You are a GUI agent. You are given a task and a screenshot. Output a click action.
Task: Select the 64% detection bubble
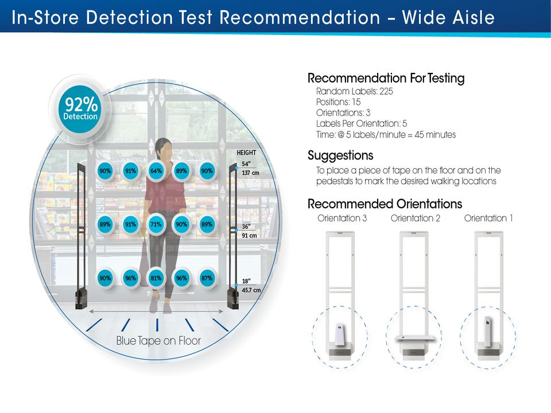coord(156,170)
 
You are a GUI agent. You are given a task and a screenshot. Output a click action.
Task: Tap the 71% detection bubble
coord(156,224)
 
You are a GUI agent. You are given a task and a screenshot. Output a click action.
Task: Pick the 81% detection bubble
coord(156,278)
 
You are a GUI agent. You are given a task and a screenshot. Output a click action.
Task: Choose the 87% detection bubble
coord(207,278)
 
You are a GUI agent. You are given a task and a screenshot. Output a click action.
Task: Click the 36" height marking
coord(246,225)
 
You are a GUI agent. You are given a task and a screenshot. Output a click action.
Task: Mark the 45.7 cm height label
coord(251,290)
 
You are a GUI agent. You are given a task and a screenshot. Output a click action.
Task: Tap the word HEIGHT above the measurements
coord(247,153)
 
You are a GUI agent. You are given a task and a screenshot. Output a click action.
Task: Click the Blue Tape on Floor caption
coord(158,341)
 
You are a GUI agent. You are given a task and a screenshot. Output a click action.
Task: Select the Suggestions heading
coord(340,155)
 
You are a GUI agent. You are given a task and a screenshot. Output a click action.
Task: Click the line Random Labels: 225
coord(355,91)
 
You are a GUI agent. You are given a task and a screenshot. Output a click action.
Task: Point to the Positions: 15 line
coord(339,102)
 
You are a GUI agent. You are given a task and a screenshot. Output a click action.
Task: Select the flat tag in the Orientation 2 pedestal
coord(415,337)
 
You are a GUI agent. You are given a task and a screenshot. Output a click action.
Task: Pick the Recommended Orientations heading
coord(385,204)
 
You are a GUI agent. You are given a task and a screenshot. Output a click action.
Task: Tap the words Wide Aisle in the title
coord(448,17)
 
